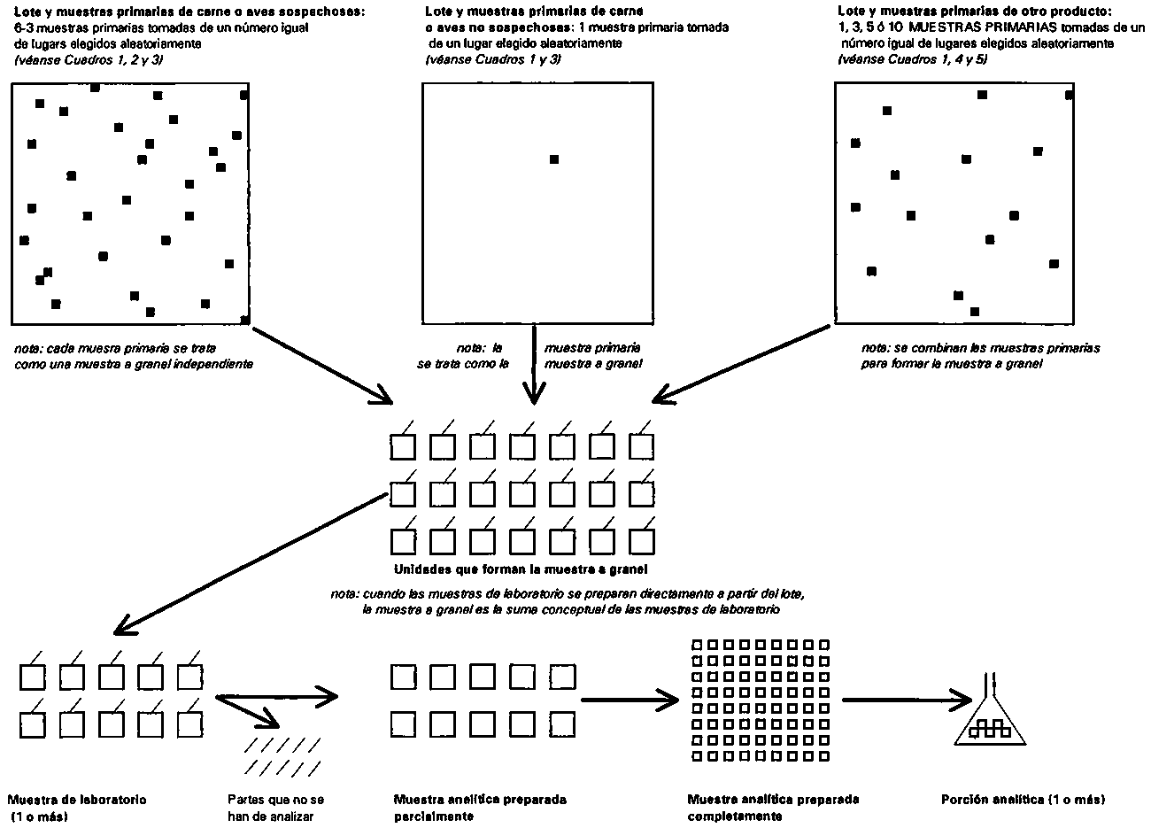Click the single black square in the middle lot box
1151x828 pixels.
(x=554, y=159)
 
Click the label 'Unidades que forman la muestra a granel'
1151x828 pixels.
(x=521, y=569)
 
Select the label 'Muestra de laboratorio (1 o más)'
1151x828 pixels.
(x=76, y=808)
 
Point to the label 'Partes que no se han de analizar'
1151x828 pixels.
(x=276, y=808)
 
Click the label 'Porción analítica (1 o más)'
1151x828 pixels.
(x=1023, y=800)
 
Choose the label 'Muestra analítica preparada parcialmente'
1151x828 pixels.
(x=480, y=808)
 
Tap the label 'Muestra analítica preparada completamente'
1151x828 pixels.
(x=773, y=808)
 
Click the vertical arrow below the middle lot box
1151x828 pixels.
(x=534, y=364)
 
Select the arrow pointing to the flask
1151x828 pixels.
(x=907, y=700)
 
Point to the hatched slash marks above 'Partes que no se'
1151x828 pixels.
(x=282, y=756)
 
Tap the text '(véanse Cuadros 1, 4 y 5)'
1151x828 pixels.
(x=913, y=59)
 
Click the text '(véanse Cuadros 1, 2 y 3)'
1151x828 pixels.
(x=89, y=60)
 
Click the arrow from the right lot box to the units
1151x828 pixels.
(x=740, y=364)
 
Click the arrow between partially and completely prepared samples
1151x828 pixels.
(x=630, y=700)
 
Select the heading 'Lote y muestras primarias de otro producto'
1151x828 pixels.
(x=975, y=11)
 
